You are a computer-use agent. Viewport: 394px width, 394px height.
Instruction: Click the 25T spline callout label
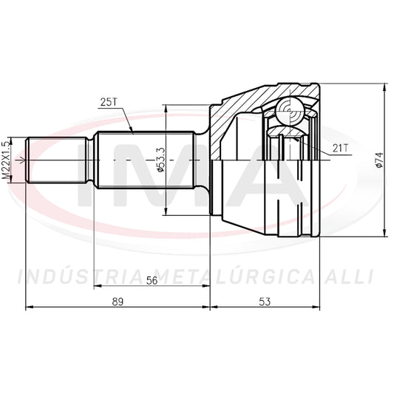coord(109,102)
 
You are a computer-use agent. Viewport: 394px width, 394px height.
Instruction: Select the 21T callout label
coord(341,149)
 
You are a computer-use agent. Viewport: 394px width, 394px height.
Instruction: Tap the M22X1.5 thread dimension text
coord(7,160)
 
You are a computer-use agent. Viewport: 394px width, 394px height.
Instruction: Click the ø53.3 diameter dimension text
coord(161,160)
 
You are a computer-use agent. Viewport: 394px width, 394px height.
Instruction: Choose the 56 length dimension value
coord(152,280)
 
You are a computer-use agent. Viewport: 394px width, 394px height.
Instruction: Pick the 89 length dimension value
coord(118,302)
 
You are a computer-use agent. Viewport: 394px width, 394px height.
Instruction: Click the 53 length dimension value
coord(265,302)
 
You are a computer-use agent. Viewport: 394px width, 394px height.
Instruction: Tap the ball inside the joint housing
coord(290,111)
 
